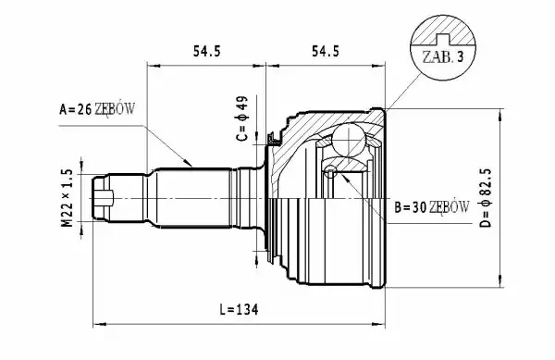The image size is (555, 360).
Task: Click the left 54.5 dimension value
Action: pyautogui.click(x=206, y=51)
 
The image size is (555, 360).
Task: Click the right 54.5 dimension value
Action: pyautogui.click(x=326, y=51)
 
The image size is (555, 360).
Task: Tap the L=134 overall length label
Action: pyautogui.click(x=239, y=310)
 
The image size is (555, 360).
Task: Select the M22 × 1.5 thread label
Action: pyautogui.click(x=67, y=198)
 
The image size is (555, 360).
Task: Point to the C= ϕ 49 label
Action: pyautogui.click(x=242, y=118)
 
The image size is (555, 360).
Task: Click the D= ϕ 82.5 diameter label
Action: pyautogui.click(x=487, y=198)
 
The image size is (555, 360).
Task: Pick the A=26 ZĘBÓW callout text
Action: pyautogui.click(x=97, y=109)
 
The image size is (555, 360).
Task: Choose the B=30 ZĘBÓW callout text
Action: pyautogui.click(x=432, y=207)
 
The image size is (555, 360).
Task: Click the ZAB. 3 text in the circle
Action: pyautogui.click(x=443, y=56)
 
